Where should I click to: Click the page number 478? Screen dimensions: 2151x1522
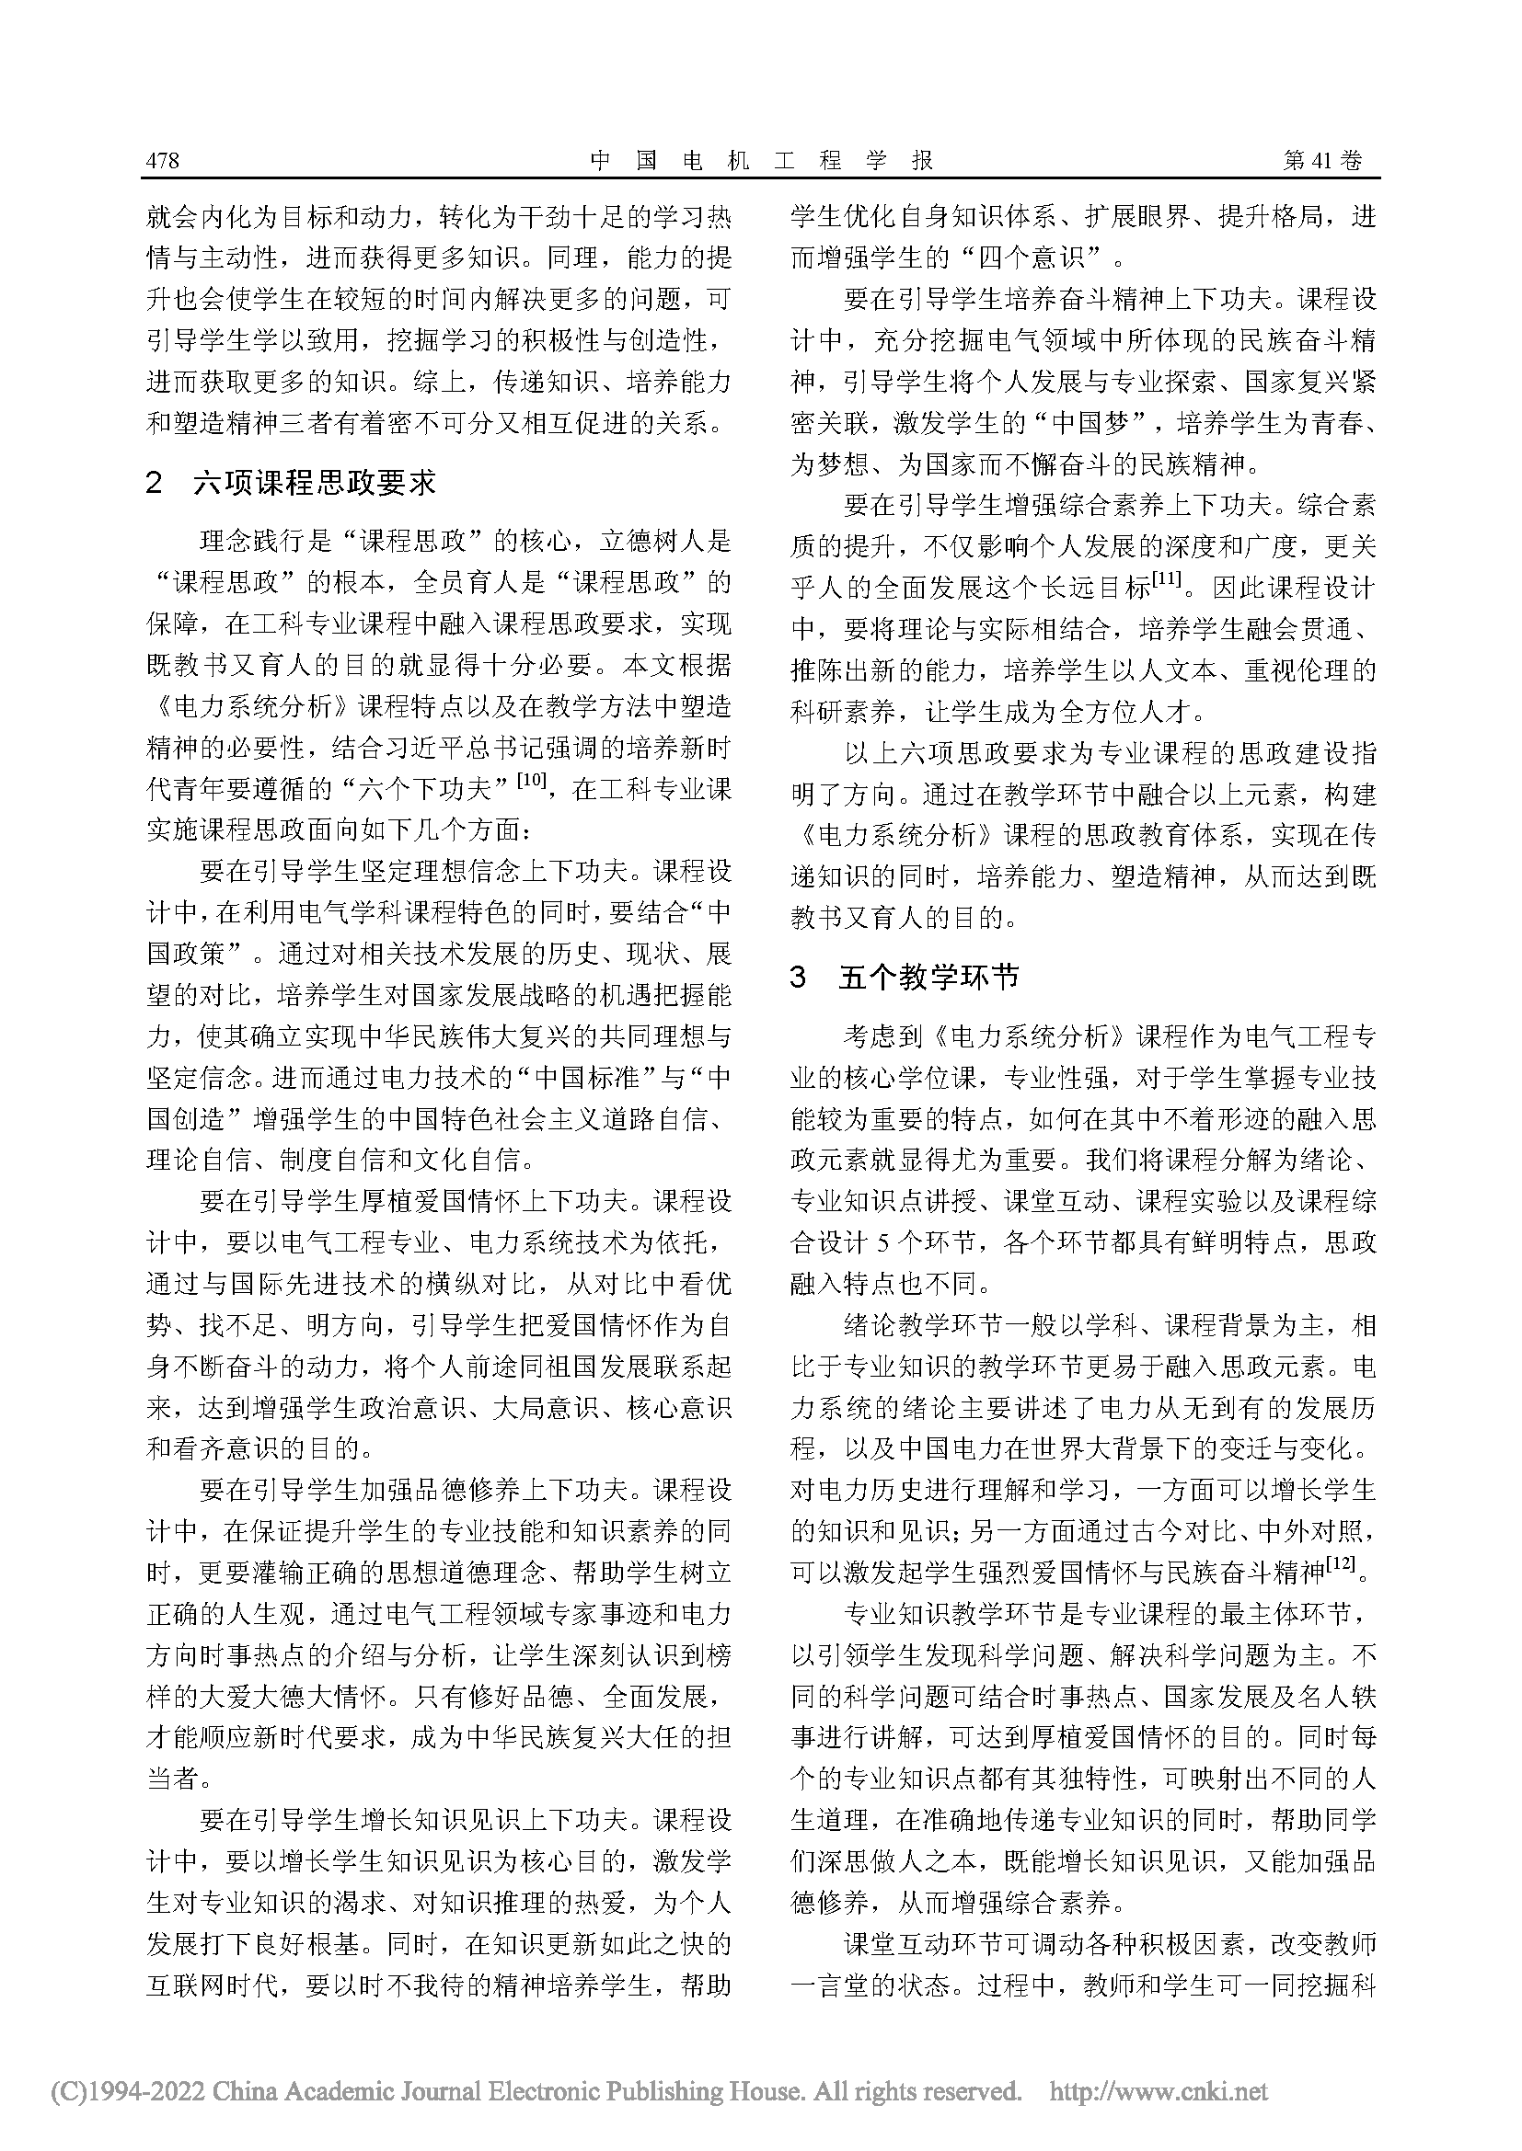tap(162, 161)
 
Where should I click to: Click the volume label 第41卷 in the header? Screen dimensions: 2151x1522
tap(1322, 161)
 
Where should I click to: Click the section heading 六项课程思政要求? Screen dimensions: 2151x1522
tap(315, 484)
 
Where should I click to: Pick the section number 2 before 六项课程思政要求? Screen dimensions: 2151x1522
tap(156, 485)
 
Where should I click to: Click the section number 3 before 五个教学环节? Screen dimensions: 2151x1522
tap(799, 978)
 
